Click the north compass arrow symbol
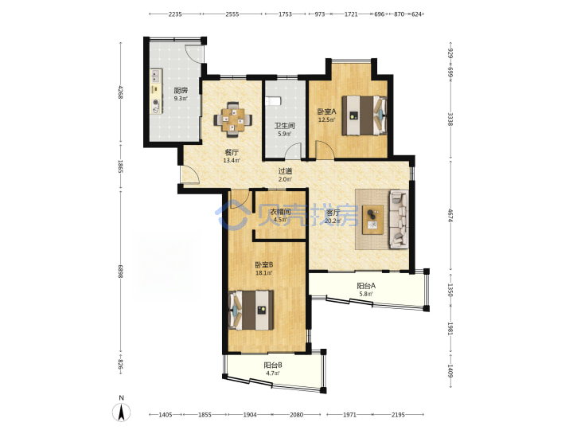[x=122, y=412]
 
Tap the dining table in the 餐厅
[x=232, y=119]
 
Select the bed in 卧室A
[x=364, y=115]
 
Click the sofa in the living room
[x=399, y=219]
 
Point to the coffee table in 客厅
[x=373, y=220]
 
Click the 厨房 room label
[x=181, y=90]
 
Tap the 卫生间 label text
[x=285, y=126]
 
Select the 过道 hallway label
[x=285, y=170]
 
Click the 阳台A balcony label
[x=366, y=286]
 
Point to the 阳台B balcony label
[x=273, y=365]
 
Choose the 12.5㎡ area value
[x=327, y=119]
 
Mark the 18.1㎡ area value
[x=264, y=272]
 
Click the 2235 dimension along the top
[x=175, y=14]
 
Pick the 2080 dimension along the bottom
[x=296, y=415]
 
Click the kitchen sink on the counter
[x=156, y=76]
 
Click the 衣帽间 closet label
[x=280, y=212]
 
